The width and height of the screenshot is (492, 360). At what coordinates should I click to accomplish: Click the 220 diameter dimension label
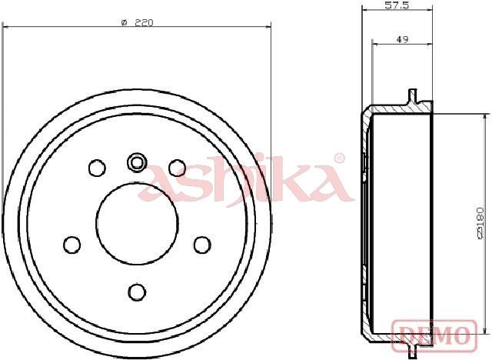click(138, 22)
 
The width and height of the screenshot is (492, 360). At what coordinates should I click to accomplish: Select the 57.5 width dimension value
click(397, 5)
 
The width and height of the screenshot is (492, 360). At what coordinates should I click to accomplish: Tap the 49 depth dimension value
click(402, 39)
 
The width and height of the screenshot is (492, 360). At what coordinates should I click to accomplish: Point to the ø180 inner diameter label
click(480, 224)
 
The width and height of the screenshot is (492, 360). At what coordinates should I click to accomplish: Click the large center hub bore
click(137, 223)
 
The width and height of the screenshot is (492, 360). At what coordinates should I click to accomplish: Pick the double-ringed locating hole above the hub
click(137, 162)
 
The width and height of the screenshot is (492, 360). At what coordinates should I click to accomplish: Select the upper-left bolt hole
click(97, 168)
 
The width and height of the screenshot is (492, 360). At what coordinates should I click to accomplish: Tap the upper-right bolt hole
click(178, 168)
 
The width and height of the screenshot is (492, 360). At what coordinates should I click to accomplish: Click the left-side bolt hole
click(71, 245)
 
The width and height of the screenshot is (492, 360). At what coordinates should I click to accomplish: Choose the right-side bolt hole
click(202, 245)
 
